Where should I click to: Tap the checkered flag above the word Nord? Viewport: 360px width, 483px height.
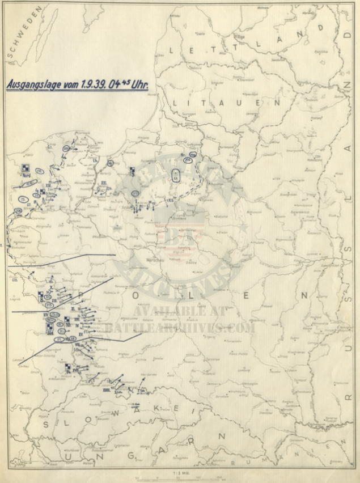point(26,168)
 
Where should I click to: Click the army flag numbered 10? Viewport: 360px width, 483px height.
point(49,325)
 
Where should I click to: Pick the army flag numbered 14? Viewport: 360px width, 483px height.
point(69,367)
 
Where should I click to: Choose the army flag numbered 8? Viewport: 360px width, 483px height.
point(41,295)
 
